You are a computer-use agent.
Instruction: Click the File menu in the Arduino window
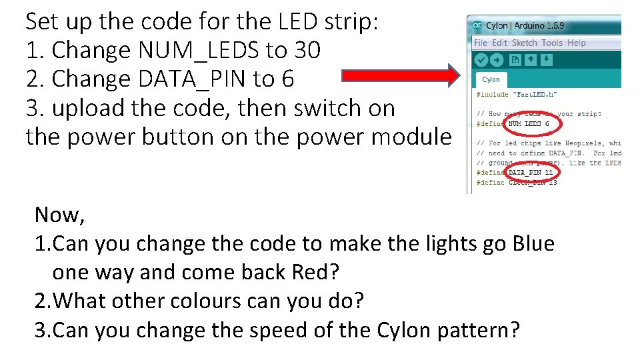click(480, 43)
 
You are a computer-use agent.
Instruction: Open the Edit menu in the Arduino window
click(499, 43)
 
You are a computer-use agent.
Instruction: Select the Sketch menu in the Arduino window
click(524, 43)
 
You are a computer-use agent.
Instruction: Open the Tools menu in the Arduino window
click(552, 43)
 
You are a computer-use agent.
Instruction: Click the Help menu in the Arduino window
click(577, 43)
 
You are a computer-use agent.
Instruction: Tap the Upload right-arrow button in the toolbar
click(497, 59)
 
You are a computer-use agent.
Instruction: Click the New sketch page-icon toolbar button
click(515, 59)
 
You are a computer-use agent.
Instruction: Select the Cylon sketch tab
click(491, 79)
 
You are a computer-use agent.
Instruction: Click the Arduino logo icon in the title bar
click(477, 25)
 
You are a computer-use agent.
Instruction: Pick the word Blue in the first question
click(533, 244)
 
